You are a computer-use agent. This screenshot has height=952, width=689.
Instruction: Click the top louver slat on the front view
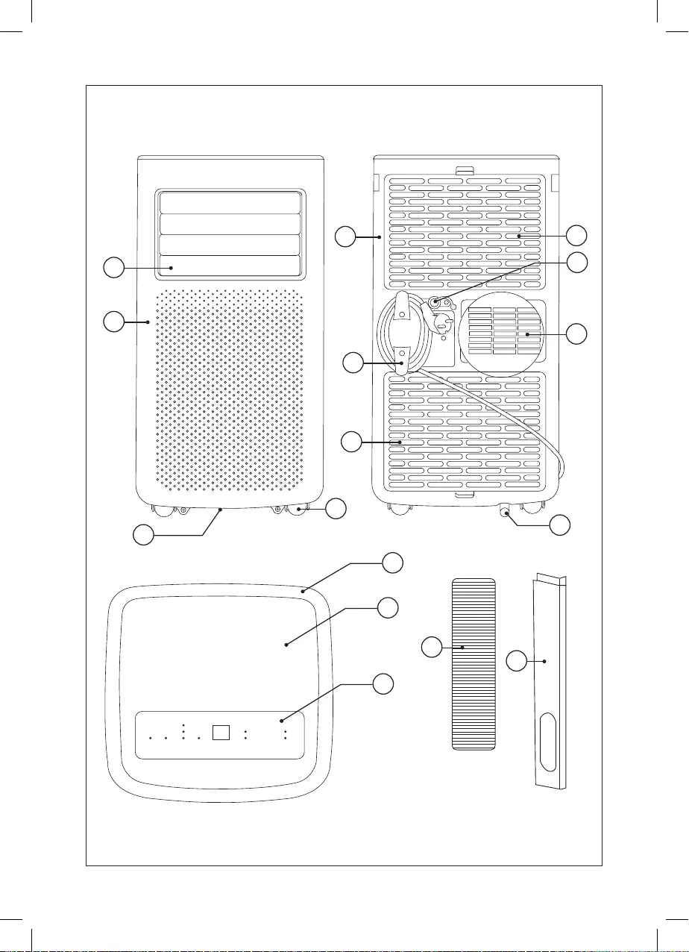[229, 203]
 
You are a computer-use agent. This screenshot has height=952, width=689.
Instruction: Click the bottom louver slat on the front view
[229, 267]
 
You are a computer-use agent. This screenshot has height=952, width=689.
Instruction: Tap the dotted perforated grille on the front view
[229, 388]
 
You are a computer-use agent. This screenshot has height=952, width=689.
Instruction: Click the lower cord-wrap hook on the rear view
[402, 358]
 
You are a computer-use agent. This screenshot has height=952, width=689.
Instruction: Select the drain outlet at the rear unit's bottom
[505, 512]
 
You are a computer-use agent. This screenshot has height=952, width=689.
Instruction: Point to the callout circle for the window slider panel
[518, 660]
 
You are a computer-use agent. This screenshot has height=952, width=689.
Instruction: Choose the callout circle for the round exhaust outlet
[576, 333]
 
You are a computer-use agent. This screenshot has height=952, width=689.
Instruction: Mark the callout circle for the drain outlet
[561, 525]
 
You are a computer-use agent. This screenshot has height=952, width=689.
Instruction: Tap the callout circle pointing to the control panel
[383, 683]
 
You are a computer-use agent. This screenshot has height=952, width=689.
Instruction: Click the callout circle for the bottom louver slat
[113, 267]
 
